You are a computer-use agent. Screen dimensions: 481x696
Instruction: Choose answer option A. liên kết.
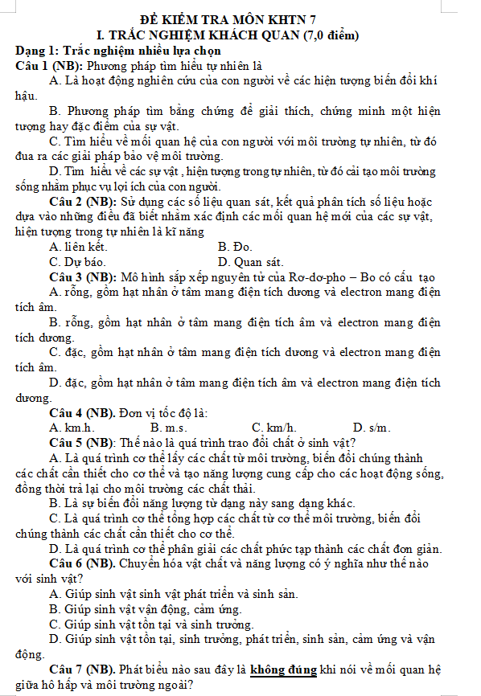point(78,247)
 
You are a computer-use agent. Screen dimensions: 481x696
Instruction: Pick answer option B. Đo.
point(235,247)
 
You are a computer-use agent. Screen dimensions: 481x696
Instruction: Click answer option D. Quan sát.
point(251,262)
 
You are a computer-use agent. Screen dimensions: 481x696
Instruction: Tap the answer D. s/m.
point(371,428)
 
